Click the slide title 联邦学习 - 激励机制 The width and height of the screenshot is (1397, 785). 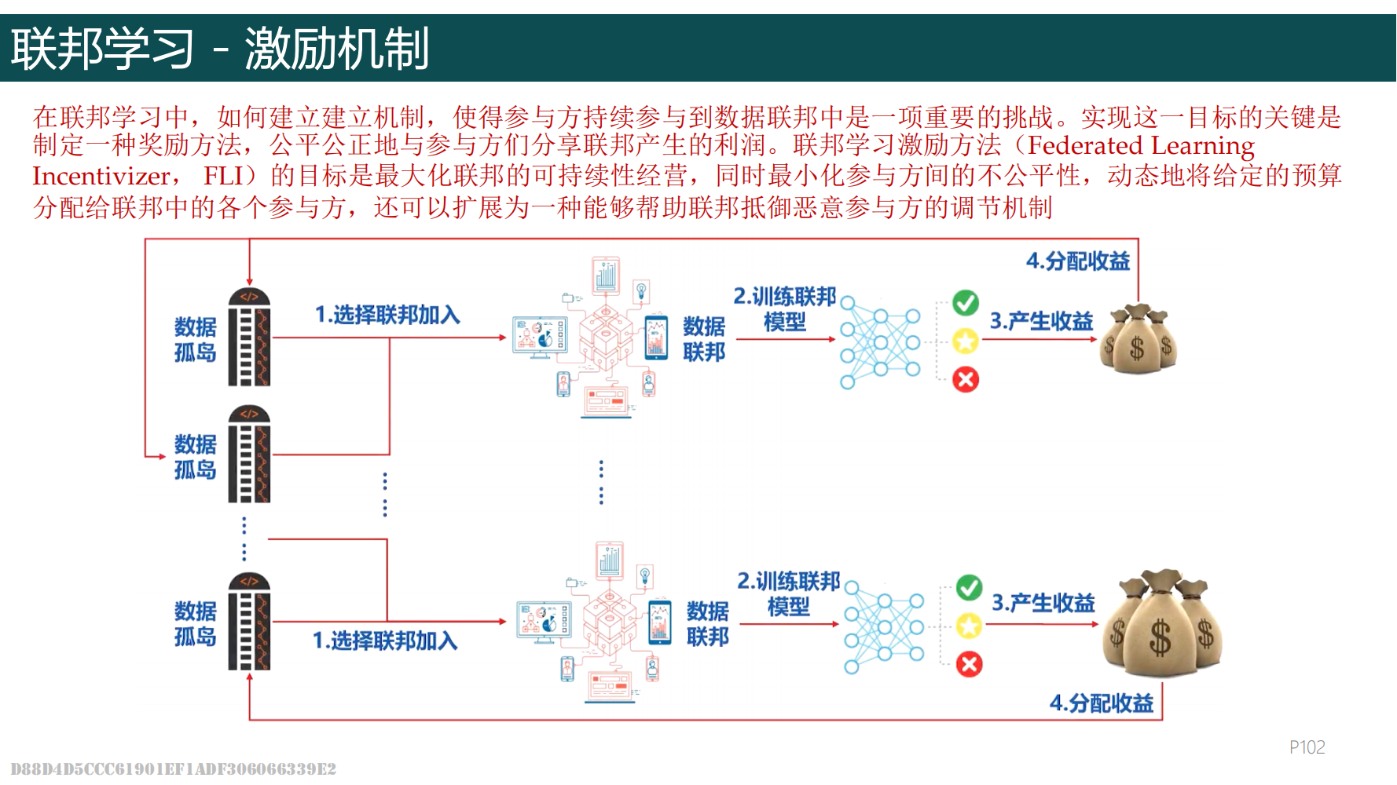coord(220,49)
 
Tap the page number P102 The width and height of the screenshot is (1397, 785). coord(1307,747)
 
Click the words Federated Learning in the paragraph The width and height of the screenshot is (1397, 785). coord(1141,146)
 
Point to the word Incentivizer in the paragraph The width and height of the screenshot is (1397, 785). coord(101,177)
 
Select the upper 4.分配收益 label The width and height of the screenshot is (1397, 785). coord(1077,261)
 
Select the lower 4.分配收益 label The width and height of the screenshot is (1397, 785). coord(1101,703)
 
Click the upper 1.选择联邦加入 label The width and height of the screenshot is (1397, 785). coord(387,315)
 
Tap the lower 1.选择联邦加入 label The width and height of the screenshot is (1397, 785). coord(384,641)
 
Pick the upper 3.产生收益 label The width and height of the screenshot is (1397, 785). coord(1041,321)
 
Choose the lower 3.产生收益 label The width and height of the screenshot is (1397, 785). coord(1043,603)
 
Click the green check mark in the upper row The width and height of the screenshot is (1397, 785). coord(966,302)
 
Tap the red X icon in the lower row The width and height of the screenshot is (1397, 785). coord(970,665)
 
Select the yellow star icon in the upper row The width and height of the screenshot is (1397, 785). coord(966,341)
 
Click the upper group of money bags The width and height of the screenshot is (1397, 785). coord(1138,339)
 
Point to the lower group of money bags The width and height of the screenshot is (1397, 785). coord(1162,624)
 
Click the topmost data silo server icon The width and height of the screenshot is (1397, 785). coord(249,337)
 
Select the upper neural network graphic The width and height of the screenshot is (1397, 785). coord(879,342)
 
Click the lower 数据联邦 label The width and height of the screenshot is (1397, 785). coord(707,624)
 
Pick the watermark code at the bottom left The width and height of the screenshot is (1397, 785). coord(173,769)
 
